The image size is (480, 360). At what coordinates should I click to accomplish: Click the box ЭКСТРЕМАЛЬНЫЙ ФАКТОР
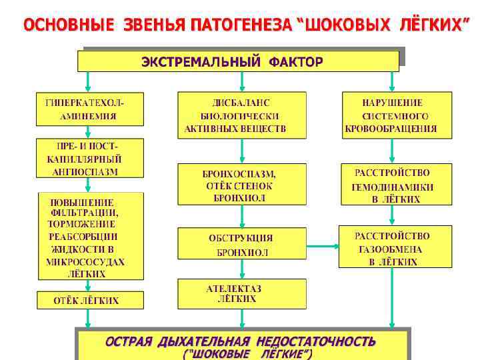pos(238,61)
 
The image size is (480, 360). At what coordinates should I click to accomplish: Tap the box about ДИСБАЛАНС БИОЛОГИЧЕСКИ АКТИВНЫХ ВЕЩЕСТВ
pos(242,115)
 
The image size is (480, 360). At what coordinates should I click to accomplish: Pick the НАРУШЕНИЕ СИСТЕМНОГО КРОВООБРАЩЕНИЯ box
pos(396,115)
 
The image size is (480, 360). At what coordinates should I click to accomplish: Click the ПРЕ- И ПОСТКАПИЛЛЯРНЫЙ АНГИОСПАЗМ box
pos(89,158)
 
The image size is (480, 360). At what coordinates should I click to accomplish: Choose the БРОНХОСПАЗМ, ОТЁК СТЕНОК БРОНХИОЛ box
pos(242,185)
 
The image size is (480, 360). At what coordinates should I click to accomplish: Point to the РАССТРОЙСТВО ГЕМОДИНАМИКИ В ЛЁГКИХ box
pos(396,185)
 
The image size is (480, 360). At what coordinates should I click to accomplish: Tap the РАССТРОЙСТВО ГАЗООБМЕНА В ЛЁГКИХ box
pos(396,247)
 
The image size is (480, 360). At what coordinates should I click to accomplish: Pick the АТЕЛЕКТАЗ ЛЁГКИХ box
pos(242,294)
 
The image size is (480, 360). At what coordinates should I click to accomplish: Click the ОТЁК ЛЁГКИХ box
pos(89,300)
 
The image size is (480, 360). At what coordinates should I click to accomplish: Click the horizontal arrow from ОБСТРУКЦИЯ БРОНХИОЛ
pos(323,246)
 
